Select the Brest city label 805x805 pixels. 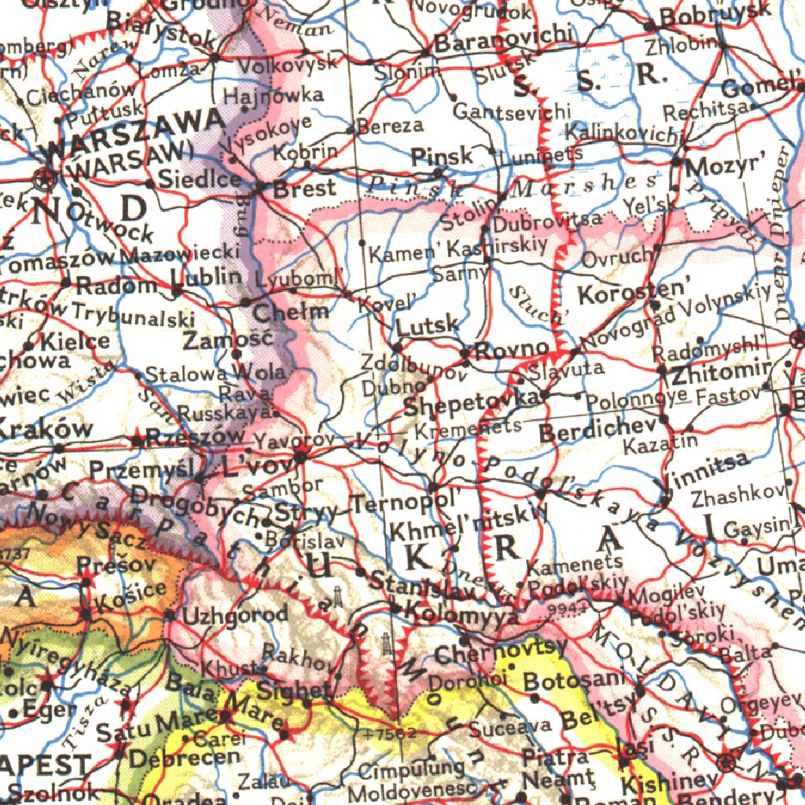304,189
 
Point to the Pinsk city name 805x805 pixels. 443,156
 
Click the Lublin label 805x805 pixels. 207,278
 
